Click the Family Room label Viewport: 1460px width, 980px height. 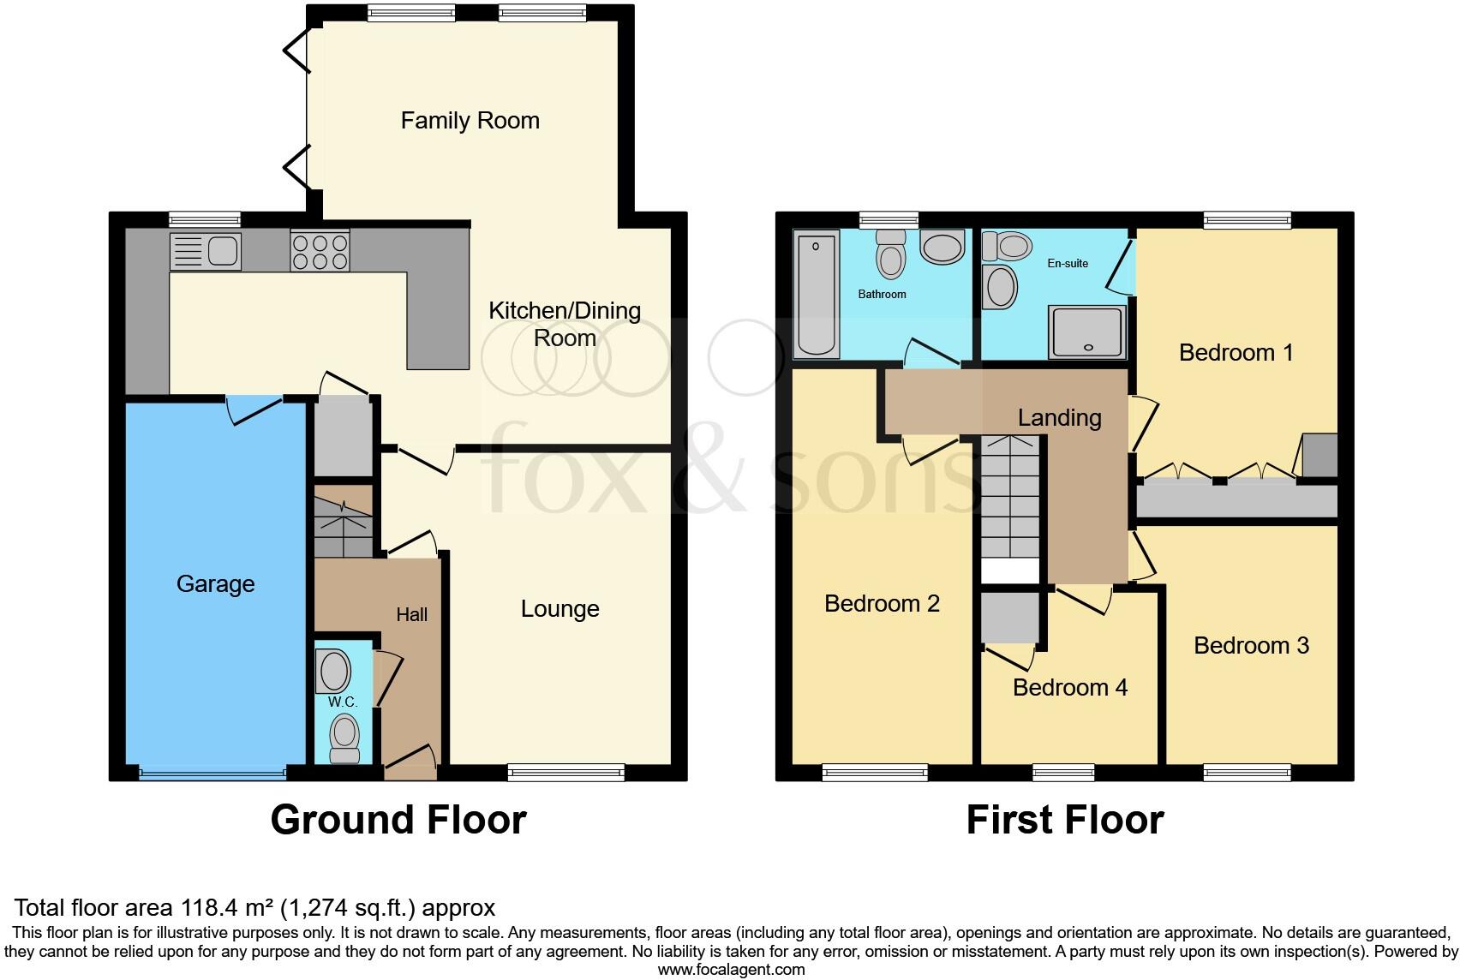point(470,121)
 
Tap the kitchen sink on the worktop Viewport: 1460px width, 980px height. point(206,251)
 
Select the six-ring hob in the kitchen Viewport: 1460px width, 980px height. point(320,251)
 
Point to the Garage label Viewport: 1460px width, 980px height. point(215,584)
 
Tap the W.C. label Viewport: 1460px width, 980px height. point(343,702)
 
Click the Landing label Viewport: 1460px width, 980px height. point(1059,418)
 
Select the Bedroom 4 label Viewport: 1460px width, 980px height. point(1069,688)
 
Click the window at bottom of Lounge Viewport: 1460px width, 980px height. point(565,773)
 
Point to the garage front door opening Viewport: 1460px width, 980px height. point(212,774)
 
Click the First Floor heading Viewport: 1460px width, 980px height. point(1064,820)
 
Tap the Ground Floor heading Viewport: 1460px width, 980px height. point(398,820)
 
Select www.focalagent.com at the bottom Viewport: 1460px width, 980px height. point(731,970)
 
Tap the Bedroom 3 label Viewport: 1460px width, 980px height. point(1251,646)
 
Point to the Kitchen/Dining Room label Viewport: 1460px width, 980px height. point(565,324)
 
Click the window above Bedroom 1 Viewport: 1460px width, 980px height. point(1247,220)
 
